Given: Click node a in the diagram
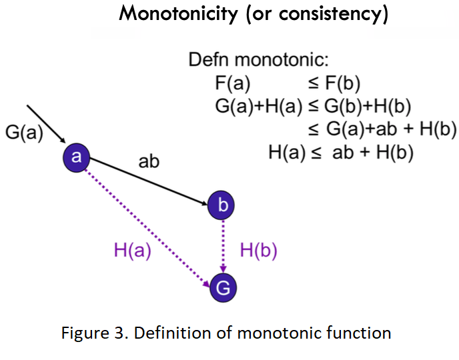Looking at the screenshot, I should [x=76, y=157].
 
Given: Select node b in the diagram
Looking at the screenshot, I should [x=222, y=205].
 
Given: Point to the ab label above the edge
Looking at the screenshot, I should [x=148, y=161].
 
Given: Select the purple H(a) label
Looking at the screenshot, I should [x=133, y=251].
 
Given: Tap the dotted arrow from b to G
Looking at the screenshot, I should [x=223, y=245].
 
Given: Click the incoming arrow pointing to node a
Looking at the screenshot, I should [x=45, y=123].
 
